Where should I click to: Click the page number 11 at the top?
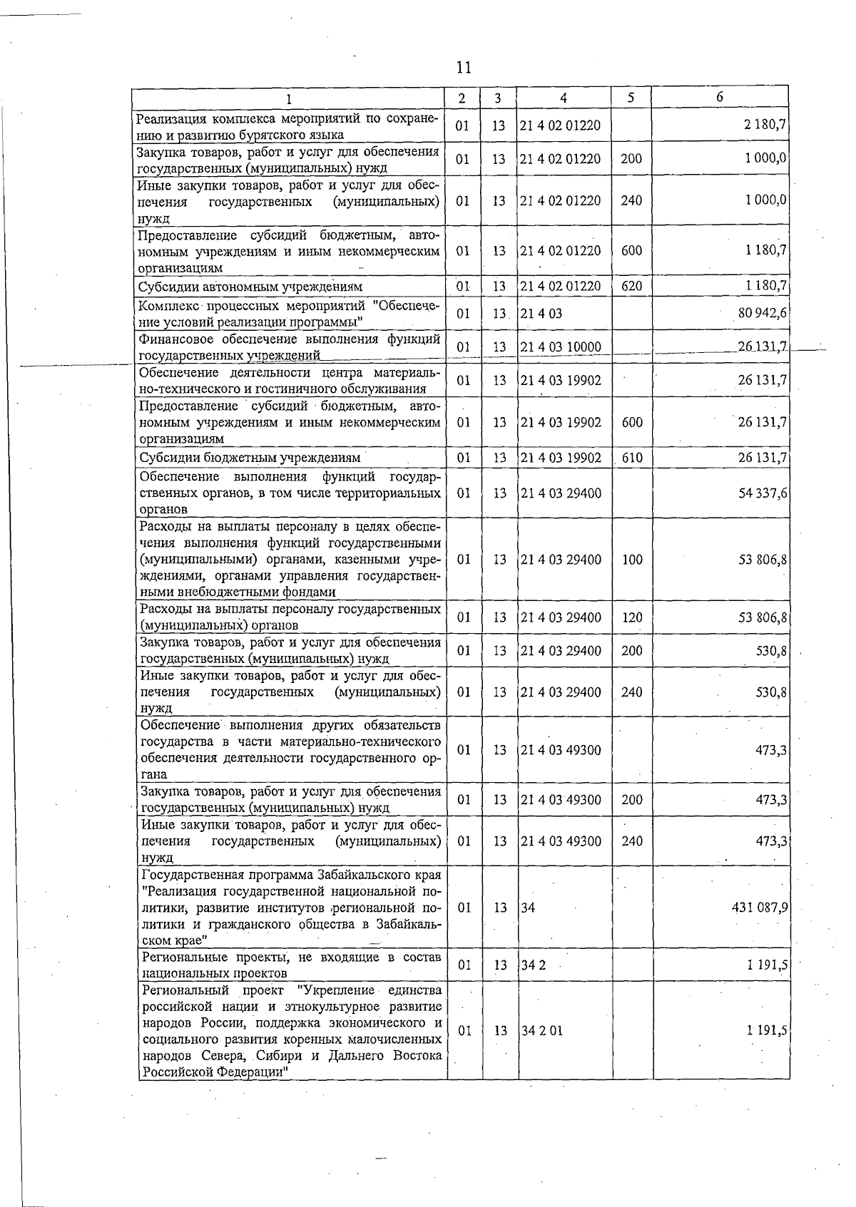[463, 68]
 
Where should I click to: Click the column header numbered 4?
[564, 98]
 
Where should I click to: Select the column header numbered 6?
[719, 97]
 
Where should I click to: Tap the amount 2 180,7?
[765, 125]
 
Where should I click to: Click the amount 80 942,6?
[762, 313]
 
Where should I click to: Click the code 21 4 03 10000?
[561, 347]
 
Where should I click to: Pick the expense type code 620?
[631, 287]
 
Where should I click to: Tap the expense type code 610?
[632, 458]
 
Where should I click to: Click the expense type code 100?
[632, 560]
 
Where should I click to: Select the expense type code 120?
[632, 617]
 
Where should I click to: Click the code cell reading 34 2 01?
[542, 1031]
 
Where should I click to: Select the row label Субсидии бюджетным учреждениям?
[250, 458]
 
